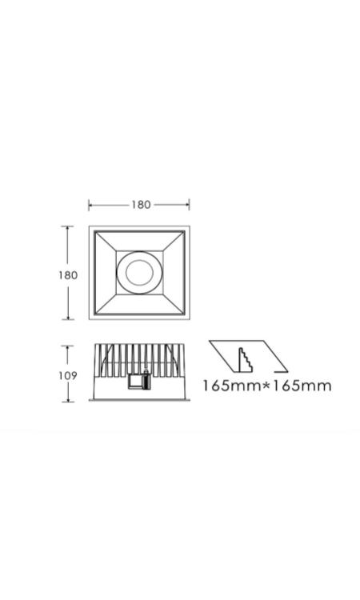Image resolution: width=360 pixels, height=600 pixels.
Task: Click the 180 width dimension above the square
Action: click(x=141, y=205)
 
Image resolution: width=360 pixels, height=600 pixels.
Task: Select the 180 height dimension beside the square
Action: click(x=68, y=275)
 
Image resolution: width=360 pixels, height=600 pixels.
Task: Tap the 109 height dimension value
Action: click(x=68, y=376)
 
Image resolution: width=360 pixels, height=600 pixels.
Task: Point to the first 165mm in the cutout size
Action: click(x=231, y=386)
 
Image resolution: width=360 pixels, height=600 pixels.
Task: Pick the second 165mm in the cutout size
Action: click(x=301, y=386)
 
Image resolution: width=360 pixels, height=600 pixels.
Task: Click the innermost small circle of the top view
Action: click(x=140, y=273)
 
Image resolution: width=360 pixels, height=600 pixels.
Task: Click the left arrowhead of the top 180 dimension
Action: click(x=91, y=205)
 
